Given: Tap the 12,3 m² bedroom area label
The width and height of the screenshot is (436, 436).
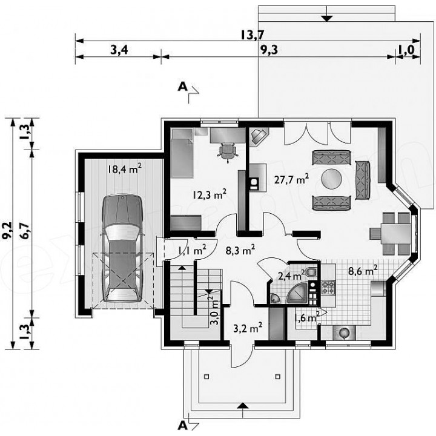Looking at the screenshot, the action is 210,194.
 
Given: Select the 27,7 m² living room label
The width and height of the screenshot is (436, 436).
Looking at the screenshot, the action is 291,179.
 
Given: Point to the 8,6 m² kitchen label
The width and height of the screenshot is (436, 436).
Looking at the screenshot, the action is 363,271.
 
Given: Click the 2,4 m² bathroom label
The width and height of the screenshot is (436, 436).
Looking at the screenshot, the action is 291,276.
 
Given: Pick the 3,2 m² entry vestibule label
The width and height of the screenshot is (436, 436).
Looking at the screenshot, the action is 248,328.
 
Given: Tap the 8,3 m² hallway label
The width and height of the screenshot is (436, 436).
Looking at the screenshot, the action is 240,250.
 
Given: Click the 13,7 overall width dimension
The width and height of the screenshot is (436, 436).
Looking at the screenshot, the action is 252,35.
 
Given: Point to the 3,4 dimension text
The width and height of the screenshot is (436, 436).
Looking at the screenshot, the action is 119,50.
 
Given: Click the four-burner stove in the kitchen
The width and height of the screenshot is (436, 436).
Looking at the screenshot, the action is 328,288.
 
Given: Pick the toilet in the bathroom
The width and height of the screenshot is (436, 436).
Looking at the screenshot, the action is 311,272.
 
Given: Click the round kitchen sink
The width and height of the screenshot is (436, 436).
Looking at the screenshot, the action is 345,332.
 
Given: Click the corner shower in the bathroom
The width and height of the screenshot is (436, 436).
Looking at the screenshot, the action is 297,293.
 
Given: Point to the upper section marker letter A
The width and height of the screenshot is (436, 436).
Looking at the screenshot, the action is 182,87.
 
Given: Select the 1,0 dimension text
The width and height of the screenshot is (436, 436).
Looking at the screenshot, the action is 406,50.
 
